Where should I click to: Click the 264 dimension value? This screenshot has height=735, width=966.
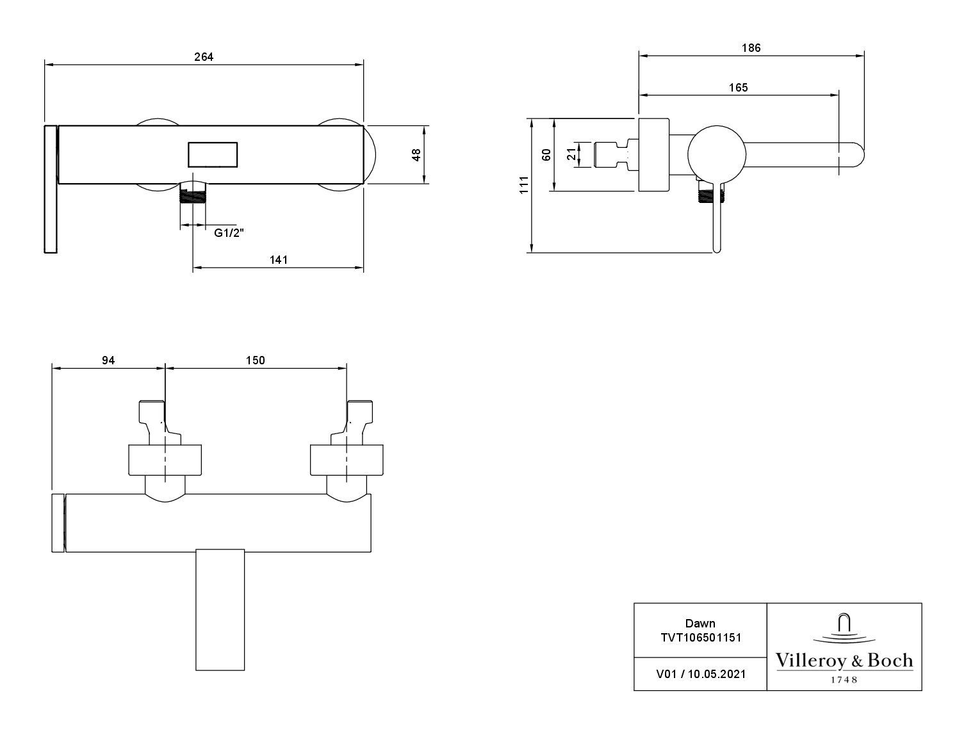204,57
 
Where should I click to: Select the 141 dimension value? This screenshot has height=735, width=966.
279,259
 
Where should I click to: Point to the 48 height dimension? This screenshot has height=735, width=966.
416,154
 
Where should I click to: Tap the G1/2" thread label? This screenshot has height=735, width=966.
229,233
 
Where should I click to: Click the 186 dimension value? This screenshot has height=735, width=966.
751,48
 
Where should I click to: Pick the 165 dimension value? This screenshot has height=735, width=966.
739,87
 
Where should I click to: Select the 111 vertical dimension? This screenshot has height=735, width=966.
524,184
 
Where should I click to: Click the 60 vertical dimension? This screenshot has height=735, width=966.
546,154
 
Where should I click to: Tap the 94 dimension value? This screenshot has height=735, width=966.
108,360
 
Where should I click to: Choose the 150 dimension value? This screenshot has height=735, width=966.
255,360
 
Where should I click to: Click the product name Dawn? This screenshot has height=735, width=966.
700,623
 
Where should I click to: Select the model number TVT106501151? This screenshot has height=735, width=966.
700,637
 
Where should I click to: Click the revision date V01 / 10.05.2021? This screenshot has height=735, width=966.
700,674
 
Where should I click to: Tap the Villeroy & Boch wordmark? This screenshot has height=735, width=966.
844,660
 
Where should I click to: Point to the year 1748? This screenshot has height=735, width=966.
844,679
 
